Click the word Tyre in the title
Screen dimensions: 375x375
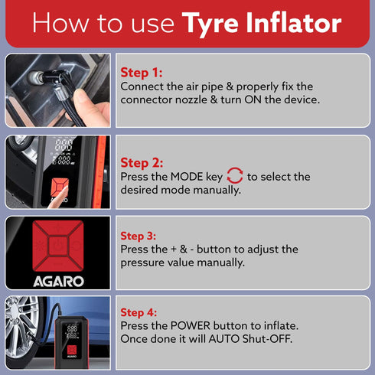[214, 23]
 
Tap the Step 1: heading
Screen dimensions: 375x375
[142, 73]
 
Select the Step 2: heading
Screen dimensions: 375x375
[142, 163]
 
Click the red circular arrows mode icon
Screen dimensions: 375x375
[235, 177]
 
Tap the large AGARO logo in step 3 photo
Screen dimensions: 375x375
[57, 280]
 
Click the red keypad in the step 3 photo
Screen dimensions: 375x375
[57, 243]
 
